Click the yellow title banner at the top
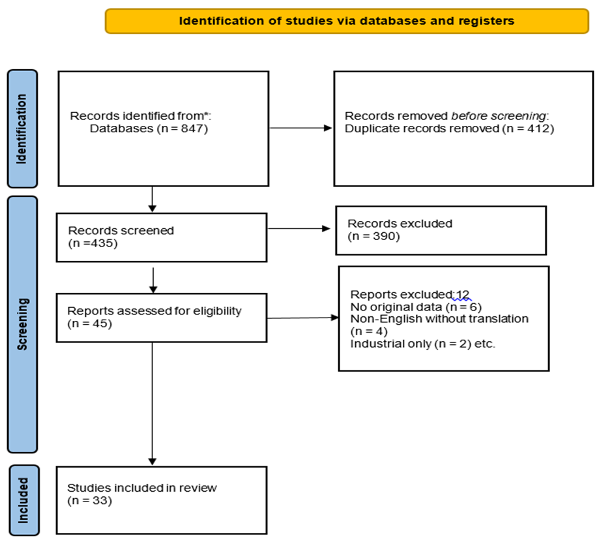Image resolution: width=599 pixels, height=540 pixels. pos(347,21)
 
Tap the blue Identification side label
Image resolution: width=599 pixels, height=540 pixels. pos(23,128)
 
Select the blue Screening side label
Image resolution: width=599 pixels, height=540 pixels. pos(23,325)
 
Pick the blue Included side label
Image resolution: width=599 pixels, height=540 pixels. pos(24,500)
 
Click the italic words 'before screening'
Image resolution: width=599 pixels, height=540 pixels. pos(498,116)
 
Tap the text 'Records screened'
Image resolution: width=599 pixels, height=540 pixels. pos(121,230)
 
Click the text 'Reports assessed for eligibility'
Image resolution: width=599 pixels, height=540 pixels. pos(154,311)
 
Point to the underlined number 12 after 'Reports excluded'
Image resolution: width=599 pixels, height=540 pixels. pos(462,295)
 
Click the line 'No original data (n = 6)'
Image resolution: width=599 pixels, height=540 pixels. pos(416,307)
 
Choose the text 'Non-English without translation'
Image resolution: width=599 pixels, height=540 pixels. pos(439,319)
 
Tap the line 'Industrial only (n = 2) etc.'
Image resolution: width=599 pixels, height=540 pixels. pos(422,344)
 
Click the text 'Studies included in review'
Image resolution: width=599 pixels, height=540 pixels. pos(141,488)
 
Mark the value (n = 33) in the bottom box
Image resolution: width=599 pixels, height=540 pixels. pos(89,501)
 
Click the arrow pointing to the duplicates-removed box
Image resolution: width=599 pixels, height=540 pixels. pos(300,128)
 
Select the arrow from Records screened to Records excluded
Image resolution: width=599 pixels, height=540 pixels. pos(299,228)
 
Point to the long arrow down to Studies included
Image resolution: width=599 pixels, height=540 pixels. pos(152,404)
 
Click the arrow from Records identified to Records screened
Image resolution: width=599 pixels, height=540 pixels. pos(152,199)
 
